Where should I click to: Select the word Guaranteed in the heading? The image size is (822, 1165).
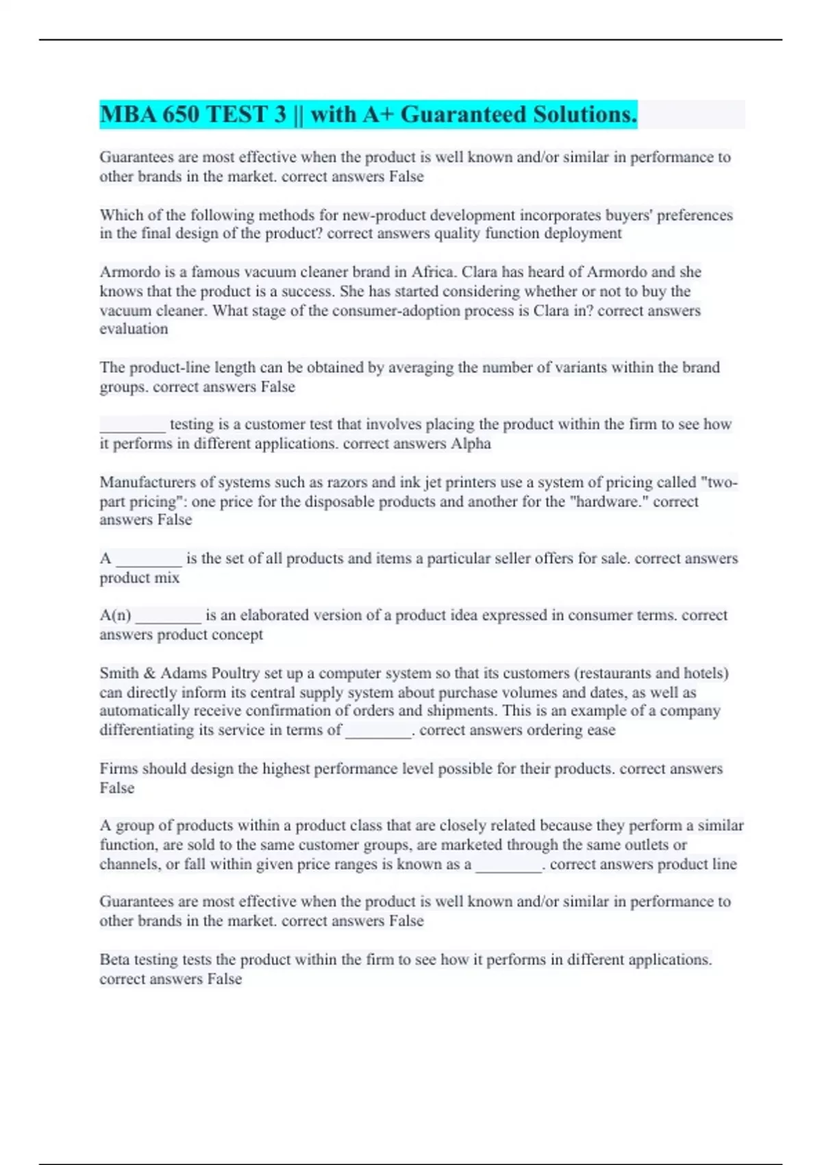coord(456,114)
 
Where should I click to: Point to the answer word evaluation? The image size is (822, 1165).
coord(134,329)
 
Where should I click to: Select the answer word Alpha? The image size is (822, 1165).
coord(471,443)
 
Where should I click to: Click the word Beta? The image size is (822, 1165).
coord(114,959)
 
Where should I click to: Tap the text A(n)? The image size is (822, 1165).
coord(115,615)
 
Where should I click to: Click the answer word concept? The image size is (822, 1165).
coord(238,635)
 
